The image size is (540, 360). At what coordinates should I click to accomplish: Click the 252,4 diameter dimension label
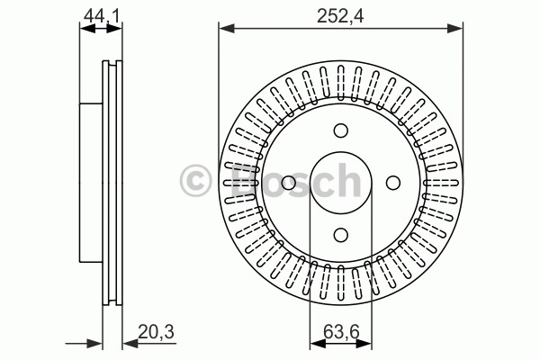[340, 15]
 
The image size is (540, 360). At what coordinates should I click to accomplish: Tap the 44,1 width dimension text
[100, 15]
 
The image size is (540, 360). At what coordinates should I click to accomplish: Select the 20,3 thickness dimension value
[156, 332]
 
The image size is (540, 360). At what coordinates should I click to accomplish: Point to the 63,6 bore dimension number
[341, 332]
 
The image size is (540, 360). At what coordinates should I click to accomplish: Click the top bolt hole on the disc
[341, 130]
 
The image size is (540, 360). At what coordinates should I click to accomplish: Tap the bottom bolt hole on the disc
[341, 235]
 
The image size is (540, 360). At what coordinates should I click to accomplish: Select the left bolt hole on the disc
[289, 183]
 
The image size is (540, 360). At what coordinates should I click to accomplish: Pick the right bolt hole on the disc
[393, 183]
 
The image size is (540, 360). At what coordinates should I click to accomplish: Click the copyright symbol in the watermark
[195, 181]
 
